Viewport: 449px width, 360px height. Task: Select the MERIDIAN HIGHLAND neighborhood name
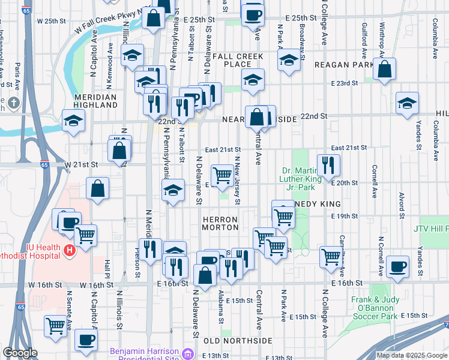tap(95, 101)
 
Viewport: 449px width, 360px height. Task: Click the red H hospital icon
tap(70, 250)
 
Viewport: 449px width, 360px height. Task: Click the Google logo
tap(20, 353)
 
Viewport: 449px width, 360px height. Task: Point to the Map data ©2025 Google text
tap(411, 355)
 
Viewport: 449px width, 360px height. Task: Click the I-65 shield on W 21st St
tap(44, 164)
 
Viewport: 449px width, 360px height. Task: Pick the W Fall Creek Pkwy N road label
tap(112, 21)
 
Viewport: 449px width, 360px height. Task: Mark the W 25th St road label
tap(50, 21)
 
